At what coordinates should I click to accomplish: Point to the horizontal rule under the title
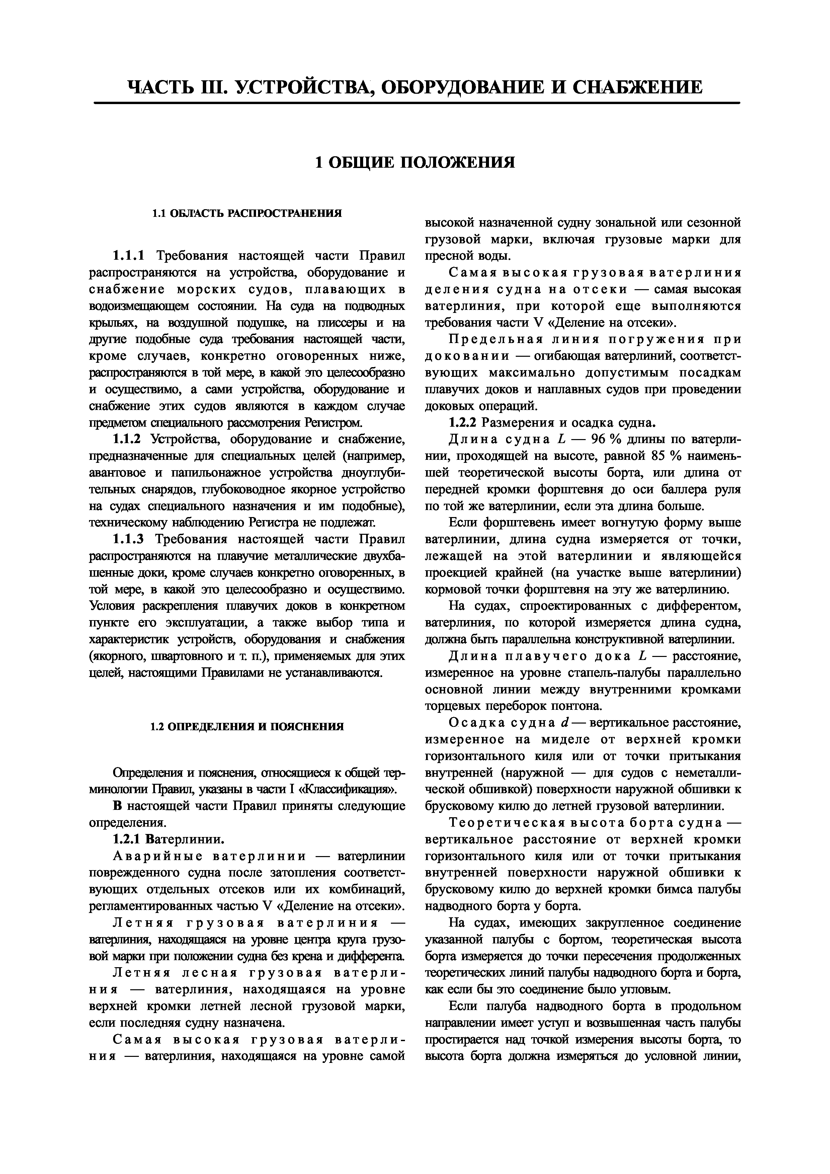(x=417, y=104)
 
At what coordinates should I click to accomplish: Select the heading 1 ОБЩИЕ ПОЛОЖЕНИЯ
(x=415, y=163)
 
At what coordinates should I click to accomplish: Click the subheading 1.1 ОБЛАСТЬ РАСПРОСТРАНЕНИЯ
(x=247, y=213)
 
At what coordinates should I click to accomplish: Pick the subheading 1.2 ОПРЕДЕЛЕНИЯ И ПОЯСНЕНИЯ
(x=247, y=727)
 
